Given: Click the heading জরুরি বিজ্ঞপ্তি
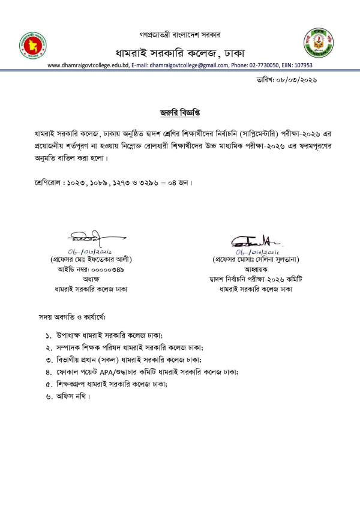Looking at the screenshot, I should click(179, 111).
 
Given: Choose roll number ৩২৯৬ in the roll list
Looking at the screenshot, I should click(158, 181).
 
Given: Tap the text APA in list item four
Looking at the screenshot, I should click(116, 372).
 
